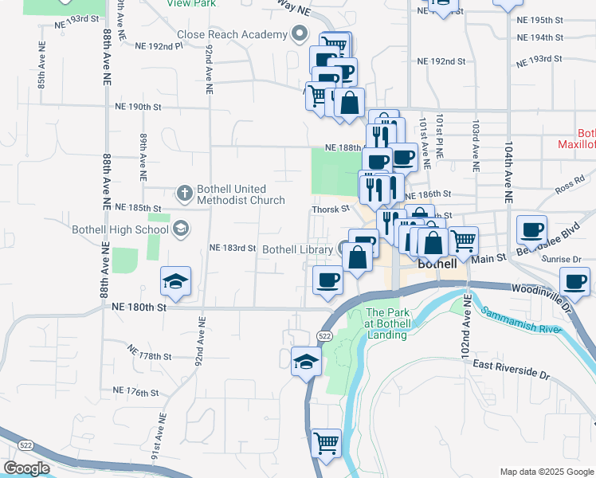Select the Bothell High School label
(x=120, y=230)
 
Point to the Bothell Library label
(x=297, y=249)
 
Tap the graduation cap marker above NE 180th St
(x=175, y=281)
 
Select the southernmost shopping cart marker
(x=325, y=443)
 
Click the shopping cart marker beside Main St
(x=463, y=239)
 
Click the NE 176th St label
(x=137, y=393)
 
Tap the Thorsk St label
(x=330, y=209)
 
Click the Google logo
(x=26, y=468)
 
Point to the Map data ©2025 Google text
(x=546, y=472)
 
